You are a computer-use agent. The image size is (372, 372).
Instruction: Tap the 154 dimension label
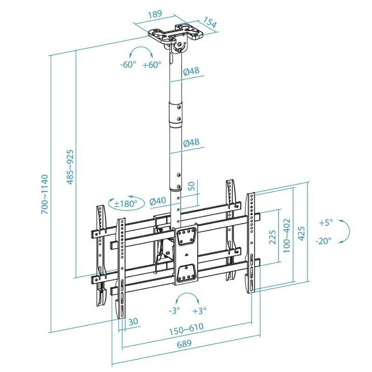210,24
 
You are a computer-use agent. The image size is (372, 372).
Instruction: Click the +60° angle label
152,65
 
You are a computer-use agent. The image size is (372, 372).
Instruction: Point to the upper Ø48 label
192,71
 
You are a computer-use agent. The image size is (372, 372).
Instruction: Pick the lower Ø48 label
192,143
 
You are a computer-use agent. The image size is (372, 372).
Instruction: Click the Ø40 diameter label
158,201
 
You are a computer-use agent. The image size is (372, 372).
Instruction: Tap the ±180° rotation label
125,203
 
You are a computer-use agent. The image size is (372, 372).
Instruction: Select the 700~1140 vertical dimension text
44,194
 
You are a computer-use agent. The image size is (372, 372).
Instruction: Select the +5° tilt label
326,223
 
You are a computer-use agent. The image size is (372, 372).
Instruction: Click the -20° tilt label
325,241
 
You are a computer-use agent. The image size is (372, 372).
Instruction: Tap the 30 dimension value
133,321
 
